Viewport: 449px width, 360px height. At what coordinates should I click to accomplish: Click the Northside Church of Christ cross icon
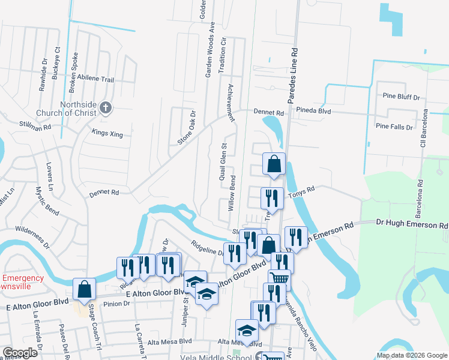click(x=105, y=108)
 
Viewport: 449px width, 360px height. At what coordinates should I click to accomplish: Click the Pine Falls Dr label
click(x=394, y=127)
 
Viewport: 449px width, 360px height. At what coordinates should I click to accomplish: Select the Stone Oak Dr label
click(x=187, y=127)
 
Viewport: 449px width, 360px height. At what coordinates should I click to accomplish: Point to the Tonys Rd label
click(x=301, y=191)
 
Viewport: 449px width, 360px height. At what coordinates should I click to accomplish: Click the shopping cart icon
click(x=279, y=278)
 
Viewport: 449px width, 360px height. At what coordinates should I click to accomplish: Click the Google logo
click(x=20, y=353)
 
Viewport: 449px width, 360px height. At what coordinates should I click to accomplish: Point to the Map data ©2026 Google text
click(x=411, y=355)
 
